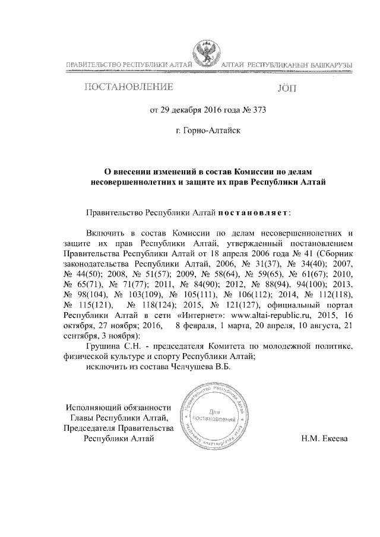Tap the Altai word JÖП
pyautogui.click(x=285, y=89)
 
